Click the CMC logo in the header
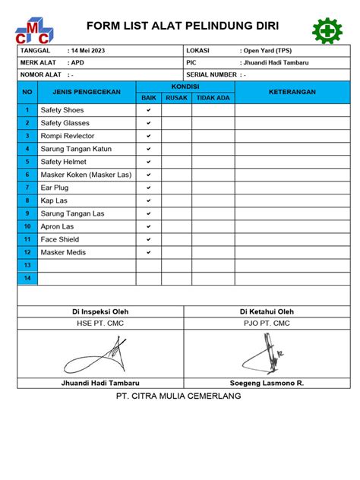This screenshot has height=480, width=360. point(34,31)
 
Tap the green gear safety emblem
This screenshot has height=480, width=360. point(327,30)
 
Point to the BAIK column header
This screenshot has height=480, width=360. point(148,98)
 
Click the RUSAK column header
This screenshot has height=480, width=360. point(176,98)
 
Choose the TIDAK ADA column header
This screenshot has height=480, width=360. point(213,98)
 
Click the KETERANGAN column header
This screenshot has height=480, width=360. point(292,92)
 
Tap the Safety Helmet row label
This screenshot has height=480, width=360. point(64,162)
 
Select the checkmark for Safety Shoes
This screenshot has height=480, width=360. point(149,110)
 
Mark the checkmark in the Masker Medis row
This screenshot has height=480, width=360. point(149,251)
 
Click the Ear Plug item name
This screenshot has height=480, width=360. point(55,188)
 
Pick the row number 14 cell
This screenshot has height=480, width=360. point(27,278)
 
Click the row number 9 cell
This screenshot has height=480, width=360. point(27,213)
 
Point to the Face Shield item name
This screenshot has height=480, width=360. point(60,239)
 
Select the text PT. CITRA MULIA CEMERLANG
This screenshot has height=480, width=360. point(178,396)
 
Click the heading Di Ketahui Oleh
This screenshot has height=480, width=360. point(267,311)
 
